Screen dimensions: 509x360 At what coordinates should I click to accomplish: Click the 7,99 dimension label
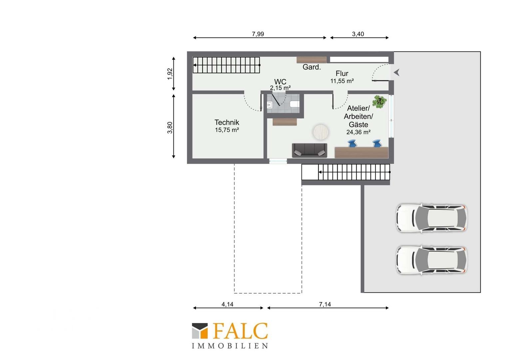[x=258, y=34]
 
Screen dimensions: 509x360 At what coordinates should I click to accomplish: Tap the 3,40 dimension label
[x=358, y=34]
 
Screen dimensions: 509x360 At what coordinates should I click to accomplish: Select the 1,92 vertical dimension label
[x=170, y=74]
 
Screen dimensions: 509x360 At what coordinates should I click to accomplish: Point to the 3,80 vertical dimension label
[x=170, y=128]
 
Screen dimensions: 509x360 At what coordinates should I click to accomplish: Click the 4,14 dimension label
[x=228, y=304]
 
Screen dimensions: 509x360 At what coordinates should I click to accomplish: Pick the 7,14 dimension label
[x=325, y=304]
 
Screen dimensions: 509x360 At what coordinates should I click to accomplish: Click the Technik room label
[x=227, y=123]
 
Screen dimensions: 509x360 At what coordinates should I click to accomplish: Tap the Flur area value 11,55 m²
[x=342, y=81]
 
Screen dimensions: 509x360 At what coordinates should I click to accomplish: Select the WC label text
[x=280, y=82]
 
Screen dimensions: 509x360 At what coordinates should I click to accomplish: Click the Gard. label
[x=311, y=67]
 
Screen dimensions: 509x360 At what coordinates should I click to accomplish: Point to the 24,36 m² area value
[x=358, y=132]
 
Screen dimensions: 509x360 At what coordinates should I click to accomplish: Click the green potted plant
[x=379, y=102]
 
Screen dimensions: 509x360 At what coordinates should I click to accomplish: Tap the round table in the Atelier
[x=321, y=132]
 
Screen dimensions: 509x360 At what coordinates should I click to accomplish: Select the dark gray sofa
[x=309, y=150]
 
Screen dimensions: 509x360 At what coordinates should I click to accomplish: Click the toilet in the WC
[x=294, y=104]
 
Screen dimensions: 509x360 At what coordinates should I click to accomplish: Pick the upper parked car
[x=431, y=218]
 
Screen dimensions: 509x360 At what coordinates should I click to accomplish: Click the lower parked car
[x=431, y=260]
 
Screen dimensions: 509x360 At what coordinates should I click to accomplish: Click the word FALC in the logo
[x=240, y=331]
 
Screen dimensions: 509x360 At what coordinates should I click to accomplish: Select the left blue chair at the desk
[x=352, y=143]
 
